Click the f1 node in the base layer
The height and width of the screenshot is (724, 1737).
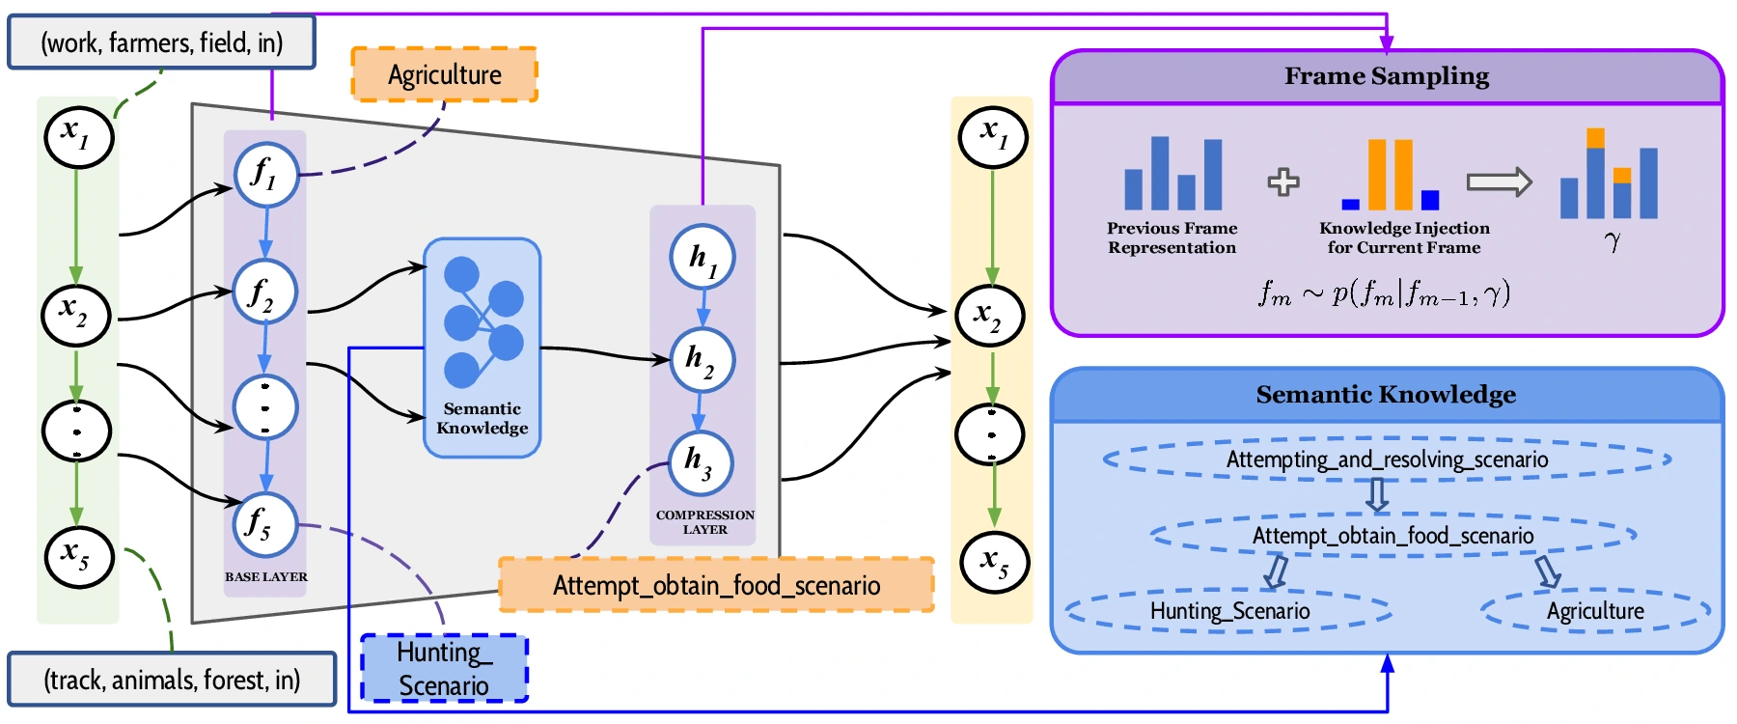tap(265, 175)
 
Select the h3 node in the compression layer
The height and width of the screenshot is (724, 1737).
tap(701, 462)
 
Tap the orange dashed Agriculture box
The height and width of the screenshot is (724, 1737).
tap(444, 74)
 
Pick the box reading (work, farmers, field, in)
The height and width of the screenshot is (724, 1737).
tap(161, 42)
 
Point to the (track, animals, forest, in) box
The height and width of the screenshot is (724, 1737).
tap(172, 680)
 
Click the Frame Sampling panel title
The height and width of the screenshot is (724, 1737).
tap(1386, 76)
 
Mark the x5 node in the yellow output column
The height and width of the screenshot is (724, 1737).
tap(994, 561)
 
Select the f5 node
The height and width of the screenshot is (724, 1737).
tap(264, 525)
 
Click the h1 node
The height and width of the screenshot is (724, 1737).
tap(703, 258)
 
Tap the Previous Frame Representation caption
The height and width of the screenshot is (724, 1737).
tap(1172, 237)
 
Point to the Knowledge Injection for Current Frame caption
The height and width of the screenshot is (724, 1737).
tap(1404, 237)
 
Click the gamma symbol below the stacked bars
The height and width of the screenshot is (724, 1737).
tap(1612, 240)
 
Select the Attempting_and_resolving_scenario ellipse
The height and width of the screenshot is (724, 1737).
tap(1387, 459)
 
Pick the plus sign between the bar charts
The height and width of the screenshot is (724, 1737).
tap(1282, 181)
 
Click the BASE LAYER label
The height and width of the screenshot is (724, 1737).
tap(266, 576)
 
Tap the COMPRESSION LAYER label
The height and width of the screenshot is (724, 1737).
tap(705, 522)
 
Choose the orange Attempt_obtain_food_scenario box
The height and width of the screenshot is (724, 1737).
tap(716, 585)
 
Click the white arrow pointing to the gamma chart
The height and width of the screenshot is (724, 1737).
tap(1499, 181)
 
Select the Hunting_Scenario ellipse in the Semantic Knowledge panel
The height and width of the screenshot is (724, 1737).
tap(1229, 611)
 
